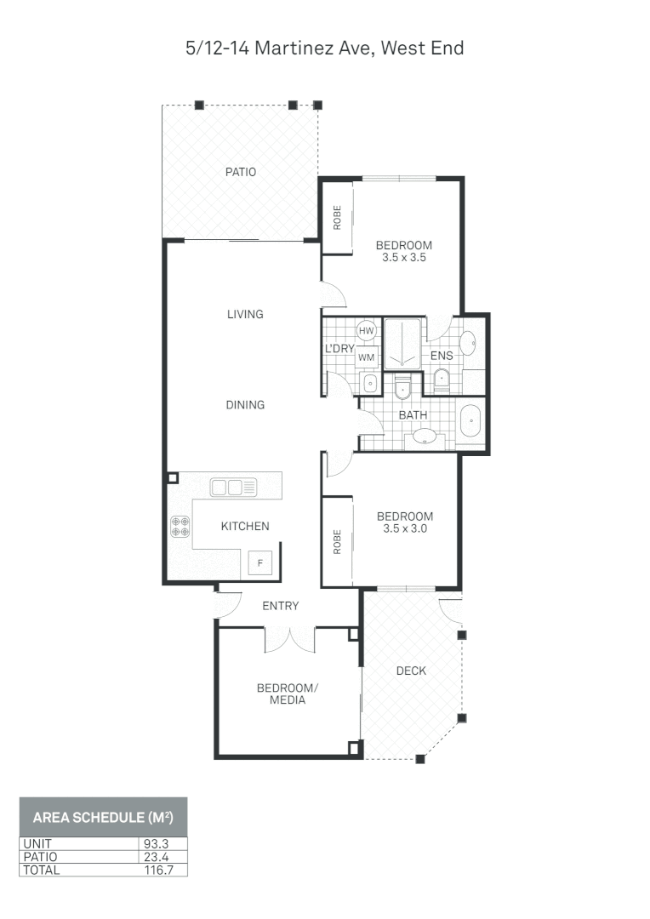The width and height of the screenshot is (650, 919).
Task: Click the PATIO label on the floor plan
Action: [x=241, y=172]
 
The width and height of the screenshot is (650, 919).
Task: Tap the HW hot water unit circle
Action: [x=367, y=330]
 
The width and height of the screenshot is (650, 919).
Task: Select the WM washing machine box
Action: [x=367, y=357]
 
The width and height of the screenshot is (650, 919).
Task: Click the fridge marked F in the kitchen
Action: [x=260, y=562]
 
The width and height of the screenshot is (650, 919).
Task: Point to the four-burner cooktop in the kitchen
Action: [x=180, y=527]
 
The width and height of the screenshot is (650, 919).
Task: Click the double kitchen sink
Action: [x=233, y=488]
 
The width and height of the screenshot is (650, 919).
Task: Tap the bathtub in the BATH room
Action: [x=470, y=421]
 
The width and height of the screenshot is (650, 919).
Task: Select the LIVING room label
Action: [x=245, y=314]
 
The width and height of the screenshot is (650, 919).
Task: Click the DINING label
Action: [x=245, y=405]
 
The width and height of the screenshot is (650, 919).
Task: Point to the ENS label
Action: [x=442, y=356]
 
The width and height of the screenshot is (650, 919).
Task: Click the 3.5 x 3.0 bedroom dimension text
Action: [x=405, y=528]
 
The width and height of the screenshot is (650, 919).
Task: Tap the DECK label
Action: [x=411, y=671]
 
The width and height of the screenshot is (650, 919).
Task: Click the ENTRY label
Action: [x=280, y=606]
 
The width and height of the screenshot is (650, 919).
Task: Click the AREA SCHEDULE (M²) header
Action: [x=103, y=818]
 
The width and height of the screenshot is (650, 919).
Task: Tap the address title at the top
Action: [x=325, y=49]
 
